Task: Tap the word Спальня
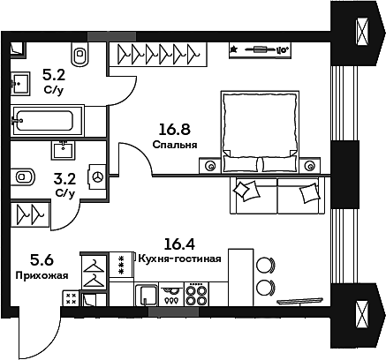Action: point(174,146)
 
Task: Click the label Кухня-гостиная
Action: point(181,259)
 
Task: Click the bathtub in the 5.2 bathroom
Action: point(47,119)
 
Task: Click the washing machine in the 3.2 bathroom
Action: point(97,176)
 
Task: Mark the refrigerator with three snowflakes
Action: point(120,264)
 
